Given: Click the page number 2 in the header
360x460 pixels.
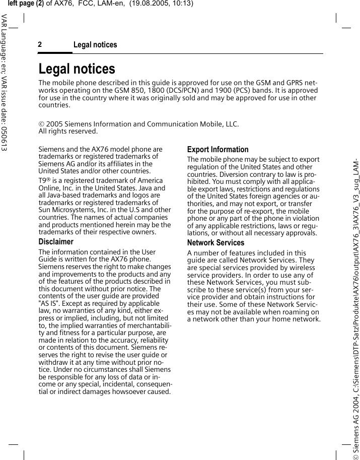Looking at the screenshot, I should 40,45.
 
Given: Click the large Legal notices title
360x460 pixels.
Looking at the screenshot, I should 77,69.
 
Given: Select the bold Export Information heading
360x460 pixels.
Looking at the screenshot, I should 218,150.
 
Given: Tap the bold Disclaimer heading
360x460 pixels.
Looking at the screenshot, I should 56,242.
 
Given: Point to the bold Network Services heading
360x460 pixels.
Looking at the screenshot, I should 215,243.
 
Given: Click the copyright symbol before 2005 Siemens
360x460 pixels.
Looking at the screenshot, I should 42,124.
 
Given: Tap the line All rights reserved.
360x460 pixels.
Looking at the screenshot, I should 68,132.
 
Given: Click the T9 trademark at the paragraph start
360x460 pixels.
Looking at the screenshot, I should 44,181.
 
